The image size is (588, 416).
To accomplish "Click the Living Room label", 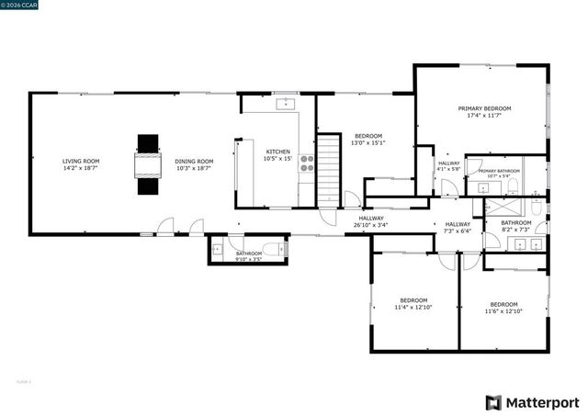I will (81, 161).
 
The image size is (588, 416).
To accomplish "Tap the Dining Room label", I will (194, 161).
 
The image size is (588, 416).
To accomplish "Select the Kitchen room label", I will (277, 152).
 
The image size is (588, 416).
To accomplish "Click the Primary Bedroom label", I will (484, 108).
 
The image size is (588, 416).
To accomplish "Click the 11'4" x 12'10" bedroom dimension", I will (413, 308).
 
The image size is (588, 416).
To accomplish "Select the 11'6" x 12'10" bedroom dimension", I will (503, 311).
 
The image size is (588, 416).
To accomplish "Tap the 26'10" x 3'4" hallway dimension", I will (371, 225).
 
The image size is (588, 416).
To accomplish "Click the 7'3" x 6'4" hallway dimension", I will (458, 231).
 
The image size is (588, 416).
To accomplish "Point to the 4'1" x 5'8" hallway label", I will (448, 166).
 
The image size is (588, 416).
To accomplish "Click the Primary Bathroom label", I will (499, 172).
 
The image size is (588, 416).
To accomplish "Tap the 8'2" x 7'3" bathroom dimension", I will (515, 229).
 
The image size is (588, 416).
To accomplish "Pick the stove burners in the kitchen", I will (307, 164).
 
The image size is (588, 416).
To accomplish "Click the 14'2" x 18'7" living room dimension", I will (81, 168).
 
